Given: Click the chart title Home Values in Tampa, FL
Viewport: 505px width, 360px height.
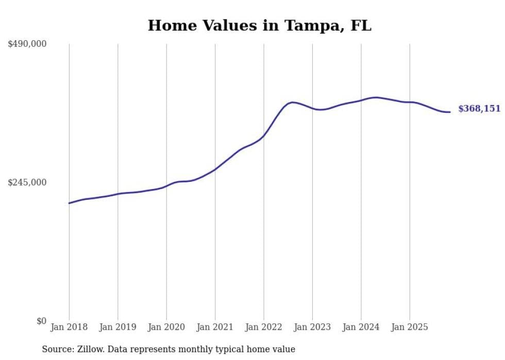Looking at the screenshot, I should tap(259, 25).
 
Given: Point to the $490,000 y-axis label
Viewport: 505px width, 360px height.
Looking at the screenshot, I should tap(27, 44).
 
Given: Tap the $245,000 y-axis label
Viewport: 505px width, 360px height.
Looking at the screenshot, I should tap(27, 182).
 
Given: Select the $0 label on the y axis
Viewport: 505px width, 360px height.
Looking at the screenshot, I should tap(41, 321).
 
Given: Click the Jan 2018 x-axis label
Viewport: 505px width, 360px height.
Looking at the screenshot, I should tap(69, 327).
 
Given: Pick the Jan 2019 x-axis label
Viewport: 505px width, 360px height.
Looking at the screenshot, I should tap(118, 327).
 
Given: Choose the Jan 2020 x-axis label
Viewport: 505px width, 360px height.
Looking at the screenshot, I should tap(166, 327).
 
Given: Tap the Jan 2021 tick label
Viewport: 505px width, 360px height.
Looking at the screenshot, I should tap(215, 327).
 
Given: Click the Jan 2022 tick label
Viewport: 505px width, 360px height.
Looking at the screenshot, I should tap(264, 327).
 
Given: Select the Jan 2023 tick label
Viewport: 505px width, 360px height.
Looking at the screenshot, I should tap(312, 327).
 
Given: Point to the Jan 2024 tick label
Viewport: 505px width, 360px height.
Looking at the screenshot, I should tap(361, 327).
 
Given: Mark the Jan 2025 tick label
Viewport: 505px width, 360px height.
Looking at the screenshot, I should tap(410, 327).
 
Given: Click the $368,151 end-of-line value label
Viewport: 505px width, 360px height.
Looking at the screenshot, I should tap(479, 109).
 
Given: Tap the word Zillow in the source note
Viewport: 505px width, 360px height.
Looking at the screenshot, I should tap(85, 349).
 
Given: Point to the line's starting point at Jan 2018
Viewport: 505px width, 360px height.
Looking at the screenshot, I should tap(69, 203).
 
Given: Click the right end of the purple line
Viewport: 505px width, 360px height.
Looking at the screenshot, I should tap(450, 112).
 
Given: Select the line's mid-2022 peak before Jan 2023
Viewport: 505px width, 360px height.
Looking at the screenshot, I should tap(292, 102).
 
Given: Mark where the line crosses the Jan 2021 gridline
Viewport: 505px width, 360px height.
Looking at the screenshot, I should tap(215, 169).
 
